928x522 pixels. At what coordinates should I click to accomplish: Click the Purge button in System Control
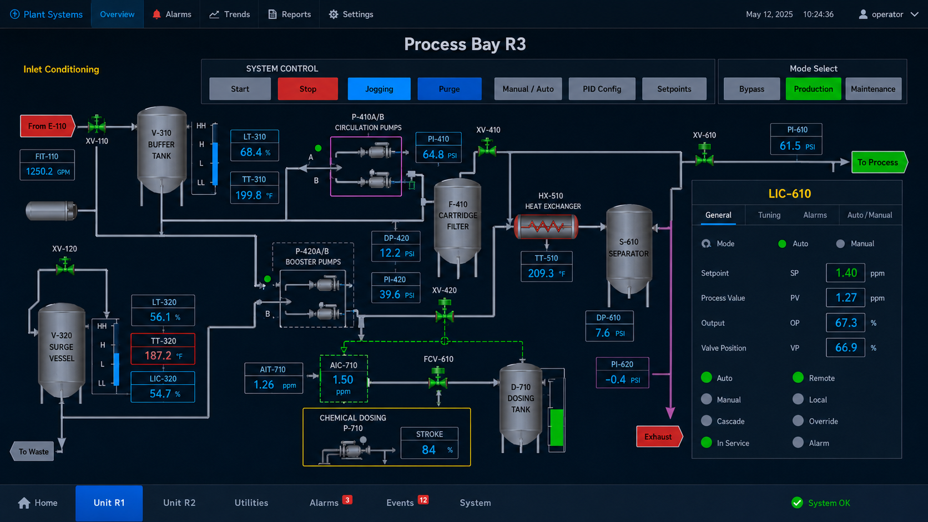coord(450,89)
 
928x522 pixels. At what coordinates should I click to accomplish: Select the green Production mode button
coord(813,89)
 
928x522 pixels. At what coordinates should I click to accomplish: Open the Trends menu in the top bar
coord(230,14)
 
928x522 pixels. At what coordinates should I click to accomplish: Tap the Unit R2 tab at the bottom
coord(179,503)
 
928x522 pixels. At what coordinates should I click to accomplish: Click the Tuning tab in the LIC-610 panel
coord(769,215)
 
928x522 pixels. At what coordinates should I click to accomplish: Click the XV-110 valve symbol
coord(97,124)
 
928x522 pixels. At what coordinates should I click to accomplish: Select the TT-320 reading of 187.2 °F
coord(163,355)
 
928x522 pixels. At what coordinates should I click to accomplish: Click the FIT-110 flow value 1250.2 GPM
coord(47,171)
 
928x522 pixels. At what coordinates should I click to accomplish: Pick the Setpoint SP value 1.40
coord(845,273)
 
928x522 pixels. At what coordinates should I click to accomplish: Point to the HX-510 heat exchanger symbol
coord(546,226)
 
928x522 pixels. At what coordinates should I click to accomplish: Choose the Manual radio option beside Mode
coord(840,244)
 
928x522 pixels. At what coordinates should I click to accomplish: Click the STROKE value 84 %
coord(430,449)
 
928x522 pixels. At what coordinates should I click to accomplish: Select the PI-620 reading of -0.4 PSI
coord(622,379)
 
